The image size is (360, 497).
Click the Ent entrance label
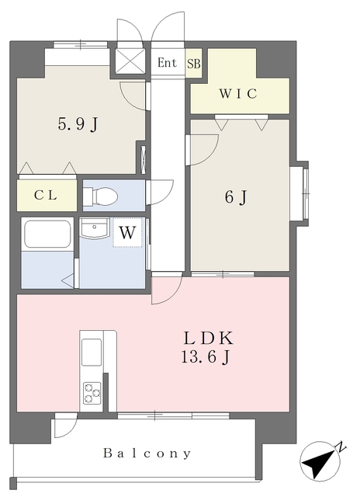point(167,63)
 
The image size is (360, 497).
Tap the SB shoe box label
point(194,64)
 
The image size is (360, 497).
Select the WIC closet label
point(238,94)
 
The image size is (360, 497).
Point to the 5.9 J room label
point(78,123)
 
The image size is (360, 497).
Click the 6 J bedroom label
point(236,197)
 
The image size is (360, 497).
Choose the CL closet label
point(46,195)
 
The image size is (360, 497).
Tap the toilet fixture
point(100,196)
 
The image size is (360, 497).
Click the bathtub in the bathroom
point(47,234)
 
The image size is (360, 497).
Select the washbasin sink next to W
point(94,229)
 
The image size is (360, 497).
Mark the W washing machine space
point(127,233)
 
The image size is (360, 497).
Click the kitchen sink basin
point(92,352)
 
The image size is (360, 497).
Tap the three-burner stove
point(92,393)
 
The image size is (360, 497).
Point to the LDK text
point(209,338)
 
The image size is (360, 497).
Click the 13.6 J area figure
point(205,357)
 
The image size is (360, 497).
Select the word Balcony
point(147,454)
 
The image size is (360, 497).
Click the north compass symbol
point(320,461)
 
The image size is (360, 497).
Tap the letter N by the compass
point(341,447)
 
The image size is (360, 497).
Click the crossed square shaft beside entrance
point(130,61)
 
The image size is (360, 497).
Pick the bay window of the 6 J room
point(299,193)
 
